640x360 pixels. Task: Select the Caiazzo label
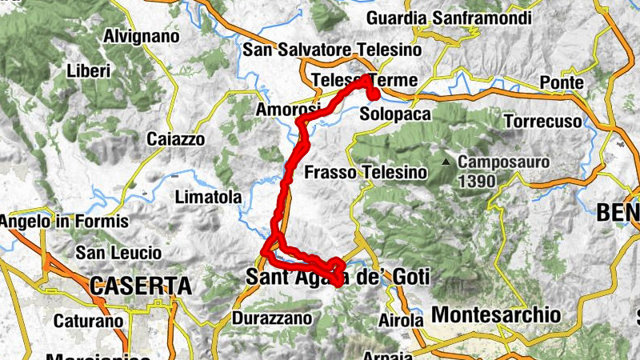click(176, 139)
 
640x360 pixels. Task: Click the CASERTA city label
click(141, 286)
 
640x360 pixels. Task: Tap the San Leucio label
click(118, 253)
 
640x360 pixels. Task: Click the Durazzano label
click(270, 318)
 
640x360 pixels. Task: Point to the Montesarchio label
click(496, 314)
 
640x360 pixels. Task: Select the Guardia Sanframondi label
click(437, 18)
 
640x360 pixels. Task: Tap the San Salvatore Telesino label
click(332, 50)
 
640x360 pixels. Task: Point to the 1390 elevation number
click(477, 181)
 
